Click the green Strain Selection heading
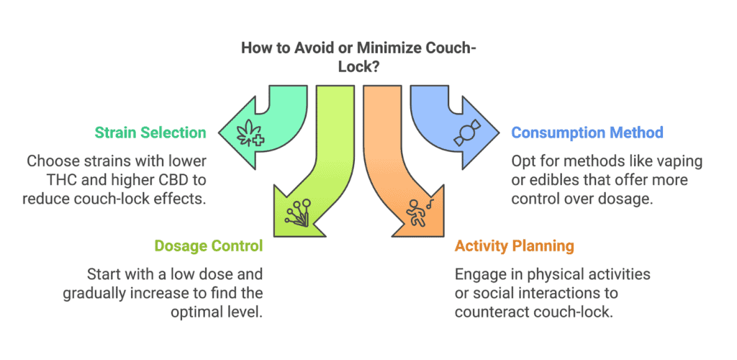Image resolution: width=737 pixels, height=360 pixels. coord(150,132)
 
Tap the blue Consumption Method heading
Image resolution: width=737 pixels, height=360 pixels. coord(587,132)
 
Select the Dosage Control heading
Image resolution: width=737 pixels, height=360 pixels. coord(209,246)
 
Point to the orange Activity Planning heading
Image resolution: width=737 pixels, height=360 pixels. coord(514,246)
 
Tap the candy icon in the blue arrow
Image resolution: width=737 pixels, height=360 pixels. coord(466,133)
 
